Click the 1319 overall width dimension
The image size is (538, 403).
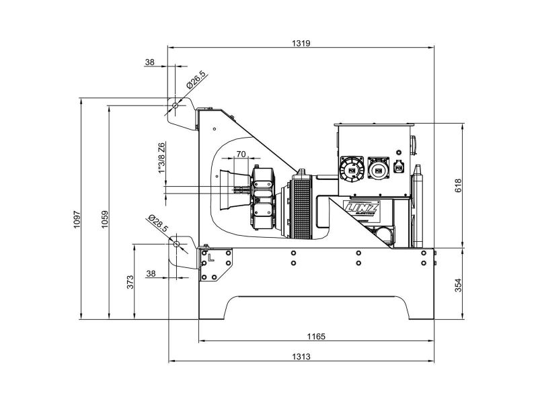[x=301, y=42]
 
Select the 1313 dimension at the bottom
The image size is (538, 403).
[x=301, y=356]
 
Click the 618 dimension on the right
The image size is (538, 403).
[x=458, y=185]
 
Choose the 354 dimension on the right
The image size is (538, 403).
[x=458, y=284]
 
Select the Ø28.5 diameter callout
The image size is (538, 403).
[x=159, y=224]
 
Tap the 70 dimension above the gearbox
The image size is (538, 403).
[x=241, y=154]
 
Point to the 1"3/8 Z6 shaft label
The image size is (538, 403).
[x=161, y=159]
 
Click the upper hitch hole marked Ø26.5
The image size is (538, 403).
[x=175, y=105]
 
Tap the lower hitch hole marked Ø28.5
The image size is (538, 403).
[x=176, y=244]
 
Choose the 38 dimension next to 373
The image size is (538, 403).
[x=151, y=273]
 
